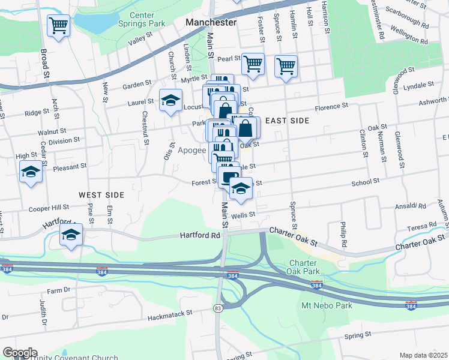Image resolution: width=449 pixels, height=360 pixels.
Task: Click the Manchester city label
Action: (211, 22)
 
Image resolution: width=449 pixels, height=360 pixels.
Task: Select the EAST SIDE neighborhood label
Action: (287, 121)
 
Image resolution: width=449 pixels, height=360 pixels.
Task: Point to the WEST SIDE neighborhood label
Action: (101, 195)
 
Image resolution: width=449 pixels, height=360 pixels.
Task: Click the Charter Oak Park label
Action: (307, 267)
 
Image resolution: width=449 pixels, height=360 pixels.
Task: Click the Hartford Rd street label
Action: (200, 236)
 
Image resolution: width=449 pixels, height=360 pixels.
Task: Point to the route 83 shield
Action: (217, 308)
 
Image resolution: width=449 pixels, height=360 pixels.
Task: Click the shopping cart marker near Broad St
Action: (59, 25)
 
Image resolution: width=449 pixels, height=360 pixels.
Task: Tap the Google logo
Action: (20, 353)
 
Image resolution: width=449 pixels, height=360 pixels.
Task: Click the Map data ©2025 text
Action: (424, 355)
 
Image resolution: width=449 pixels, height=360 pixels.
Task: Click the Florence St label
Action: (333, 109)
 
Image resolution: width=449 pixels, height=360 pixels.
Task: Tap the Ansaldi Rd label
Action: (411, 206)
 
